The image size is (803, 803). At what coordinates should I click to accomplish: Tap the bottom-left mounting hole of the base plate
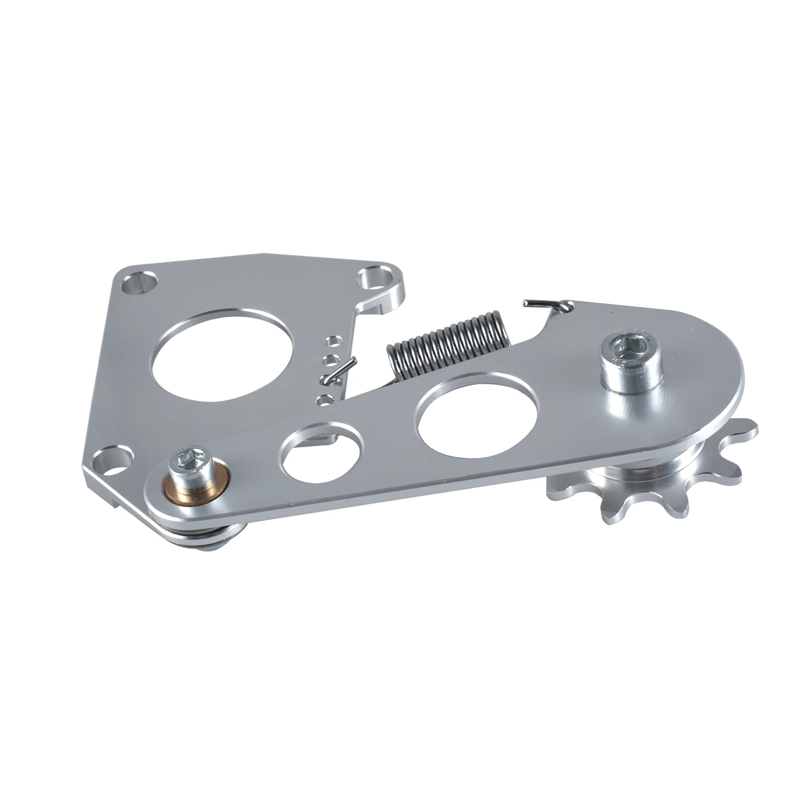pyautogui.click(x=112, y=460)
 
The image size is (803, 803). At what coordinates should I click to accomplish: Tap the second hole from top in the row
pyautogui.click(x=331, y=359)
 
